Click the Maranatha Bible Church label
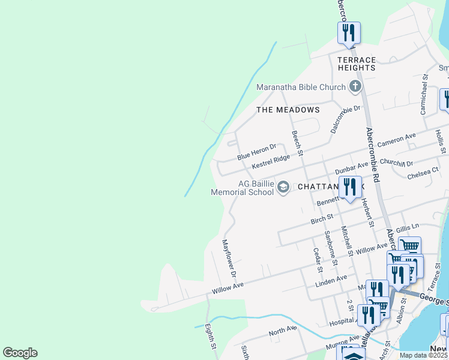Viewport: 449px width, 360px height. coord(301,87)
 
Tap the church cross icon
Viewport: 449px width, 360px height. coord(355,86)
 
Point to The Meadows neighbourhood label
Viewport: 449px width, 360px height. coord(288,110)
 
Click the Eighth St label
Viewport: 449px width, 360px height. coord(211,337)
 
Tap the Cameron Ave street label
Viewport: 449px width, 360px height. coord(396,141)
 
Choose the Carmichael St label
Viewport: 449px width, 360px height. coord(424,95)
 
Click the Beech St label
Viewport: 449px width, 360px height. coord(297,144)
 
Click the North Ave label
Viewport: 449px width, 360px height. coord(283,331)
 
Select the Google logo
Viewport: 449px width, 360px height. coord(20,353)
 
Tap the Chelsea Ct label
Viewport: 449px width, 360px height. coord(423,175)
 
